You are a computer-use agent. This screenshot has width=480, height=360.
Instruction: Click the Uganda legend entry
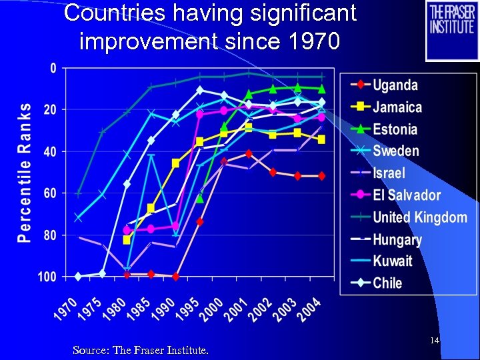point(395,85)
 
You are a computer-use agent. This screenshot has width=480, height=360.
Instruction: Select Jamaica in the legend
point(397,107)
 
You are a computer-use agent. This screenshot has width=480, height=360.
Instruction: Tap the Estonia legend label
point(395,129)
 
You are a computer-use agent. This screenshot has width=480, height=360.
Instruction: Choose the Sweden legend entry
point(396,151)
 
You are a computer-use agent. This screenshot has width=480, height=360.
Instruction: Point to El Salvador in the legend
point(407,195)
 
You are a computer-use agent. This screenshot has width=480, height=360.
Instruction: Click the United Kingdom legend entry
point(420,217)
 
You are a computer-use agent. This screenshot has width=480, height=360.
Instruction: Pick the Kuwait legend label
point(393,261)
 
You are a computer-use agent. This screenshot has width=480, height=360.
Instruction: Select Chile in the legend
point(387,283)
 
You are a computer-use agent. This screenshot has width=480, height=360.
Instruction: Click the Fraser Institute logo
point(452,31)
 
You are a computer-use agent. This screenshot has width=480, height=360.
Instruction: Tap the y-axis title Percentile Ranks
point(25,172)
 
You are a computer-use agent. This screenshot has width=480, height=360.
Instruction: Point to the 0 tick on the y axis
point(53,68)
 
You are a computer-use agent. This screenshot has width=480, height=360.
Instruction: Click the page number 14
point(434,341)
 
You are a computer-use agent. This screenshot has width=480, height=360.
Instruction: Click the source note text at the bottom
point(140,349)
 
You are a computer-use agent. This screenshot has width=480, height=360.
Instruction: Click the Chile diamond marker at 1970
point(79,276)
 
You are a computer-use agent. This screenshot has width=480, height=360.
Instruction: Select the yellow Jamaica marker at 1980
point(127,239)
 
